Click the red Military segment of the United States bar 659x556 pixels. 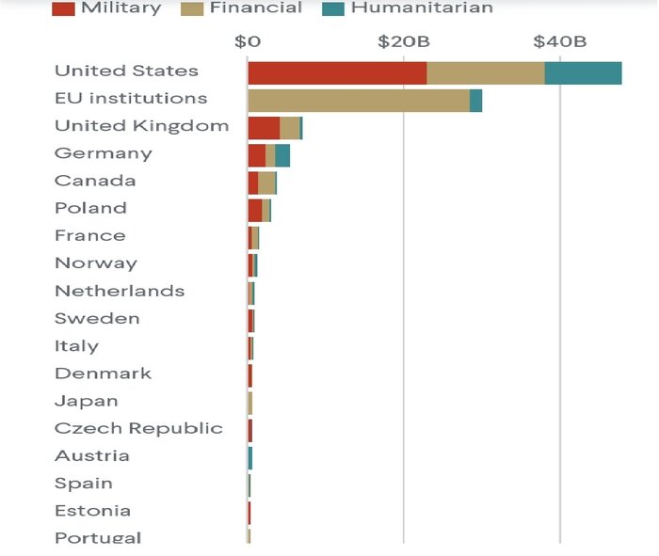click(x=337, y=73)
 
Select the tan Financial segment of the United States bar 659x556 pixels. click(x=486, y=73)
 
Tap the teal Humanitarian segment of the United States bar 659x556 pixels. click(x=583, y=73)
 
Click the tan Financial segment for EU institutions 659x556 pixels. click(x=359, y=101)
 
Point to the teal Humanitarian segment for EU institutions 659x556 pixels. click(x=476, y=101)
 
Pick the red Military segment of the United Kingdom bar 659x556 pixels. click(x=264, y=128)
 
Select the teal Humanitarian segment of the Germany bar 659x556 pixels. click(x=282, y=155)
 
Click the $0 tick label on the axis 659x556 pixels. click(x=248, y=41)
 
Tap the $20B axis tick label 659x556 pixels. click(x=404, y=41)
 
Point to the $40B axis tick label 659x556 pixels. click(x=560, y=41)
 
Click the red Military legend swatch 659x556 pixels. click(x=64, y=8)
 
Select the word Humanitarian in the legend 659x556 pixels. click(x=422, y=8)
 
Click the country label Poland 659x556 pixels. click(x=90, y=208)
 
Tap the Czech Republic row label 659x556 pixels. click(x=138, y=428)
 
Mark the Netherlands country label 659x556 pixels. click(x=120, y=291)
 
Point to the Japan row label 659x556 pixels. click(x=87, y=401)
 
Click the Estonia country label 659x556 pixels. click(x=92, y=511)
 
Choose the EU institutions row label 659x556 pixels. click(x=131, y=98)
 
